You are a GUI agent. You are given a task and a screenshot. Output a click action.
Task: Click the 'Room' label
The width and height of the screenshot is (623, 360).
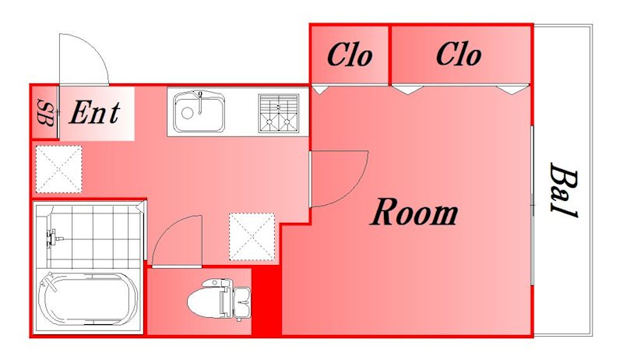click(414, 212)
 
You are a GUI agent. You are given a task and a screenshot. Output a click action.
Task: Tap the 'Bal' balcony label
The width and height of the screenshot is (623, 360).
click(563, 190)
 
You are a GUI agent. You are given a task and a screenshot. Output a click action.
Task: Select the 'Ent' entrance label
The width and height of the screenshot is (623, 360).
click(94, 112)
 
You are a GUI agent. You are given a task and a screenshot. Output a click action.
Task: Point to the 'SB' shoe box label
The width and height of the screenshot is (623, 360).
click(45, 113)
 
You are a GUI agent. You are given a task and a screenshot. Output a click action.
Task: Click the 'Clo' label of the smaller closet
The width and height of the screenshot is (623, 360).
click(350, 55)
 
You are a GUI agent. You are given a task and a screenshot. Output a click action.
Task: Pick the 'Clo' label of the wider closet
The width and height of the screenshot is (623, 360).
click(459, 55)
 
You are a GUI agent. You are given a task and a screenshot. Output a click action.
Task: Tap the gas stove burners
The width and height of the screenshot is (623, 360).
click(279, 113)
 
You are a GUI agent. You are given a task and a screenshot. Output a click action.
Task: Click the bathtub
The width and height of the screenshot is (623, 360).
click(87, 299)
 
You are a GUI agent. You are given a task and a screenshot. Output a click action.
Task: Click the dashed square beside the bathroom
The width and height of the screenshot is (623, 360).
click(252, 237)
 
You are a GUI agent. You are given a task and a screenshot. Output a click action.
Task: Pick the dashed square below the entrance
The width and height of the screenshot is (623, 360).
click(59, 169)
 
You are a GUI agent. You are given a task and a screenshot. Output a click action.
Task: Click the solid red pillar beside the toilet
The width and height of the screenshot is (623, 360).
click(267, 301)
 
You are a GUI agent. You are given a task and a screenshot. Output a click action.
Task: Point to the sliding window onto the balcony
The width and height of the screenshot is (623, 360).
click(532, 205)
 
